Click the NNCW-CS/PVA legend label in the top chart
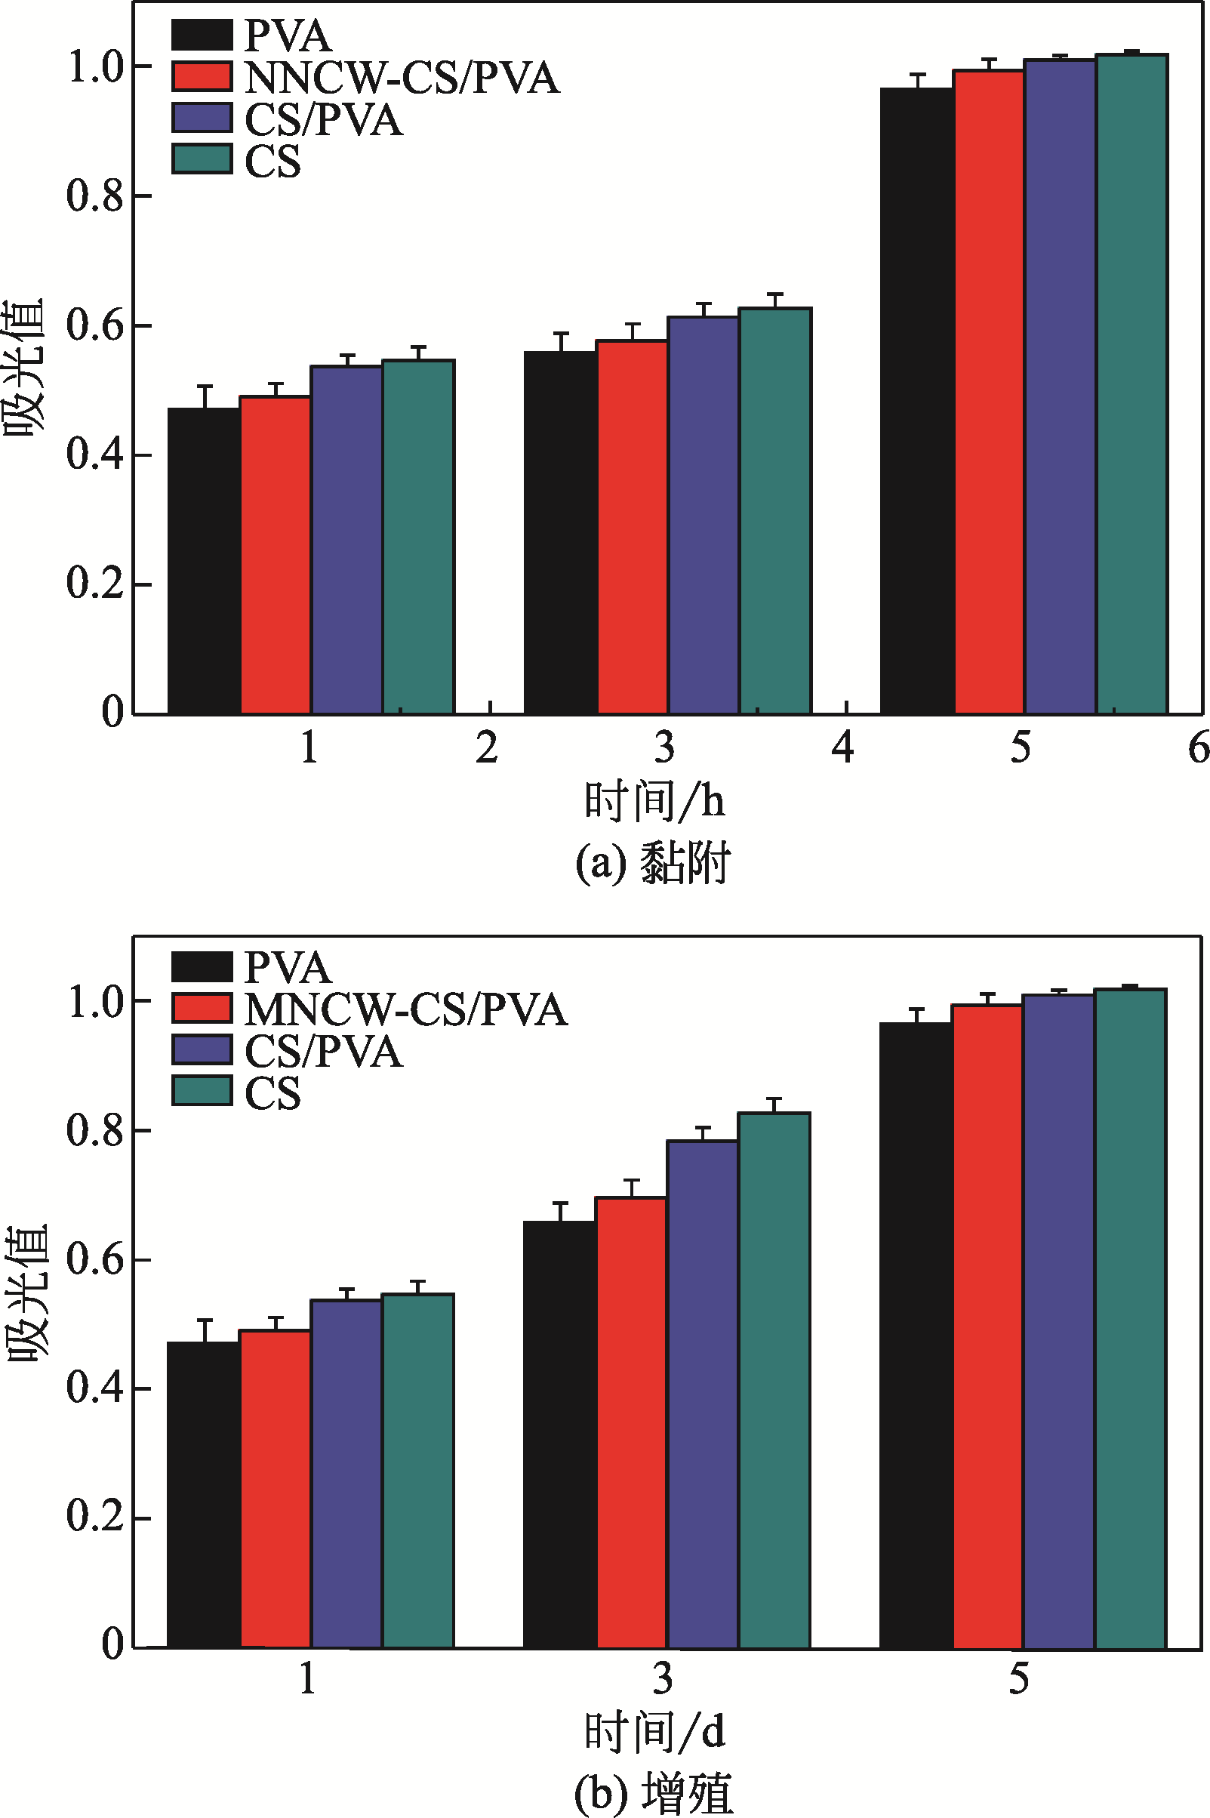click(x=402, y=77)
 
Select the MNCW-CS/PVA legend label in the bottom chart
click(x=406, y=1009)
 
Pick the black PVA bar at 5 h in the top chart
click(x=917, y=401)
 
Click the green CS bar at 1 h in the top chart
click(x=418, y=537)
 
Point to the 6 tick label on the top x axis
click(x=1198, y=747)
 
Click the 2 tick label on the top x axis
click(x=486, y=747)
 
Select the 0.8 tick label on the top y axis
click(x=94, y=196)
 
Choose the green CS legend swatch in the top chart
click(x=202, y=160)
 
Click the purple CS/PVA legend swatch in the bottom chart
click(x=202, y=1049)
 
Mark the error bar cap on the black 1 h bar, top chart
click(x=205, y=385)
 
